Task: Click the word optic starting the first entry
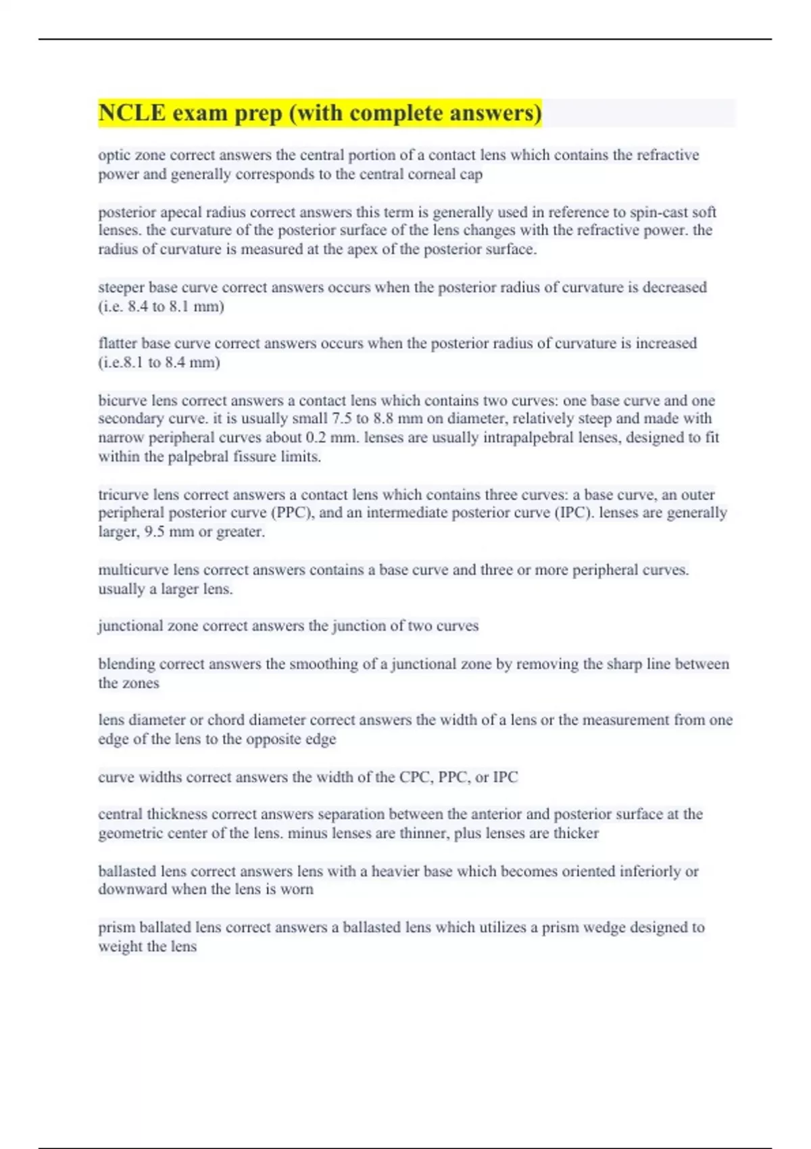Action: pyautogui.click(x=112, y=155)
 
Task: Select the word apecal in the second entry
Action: pyautogui.click(x=181, y=212)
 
